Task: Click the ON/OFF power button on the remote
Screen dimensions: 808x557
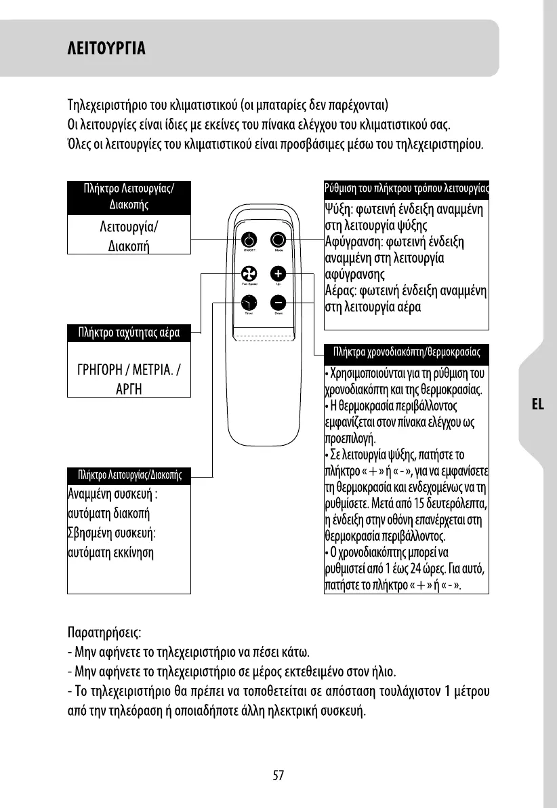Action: [249, 240]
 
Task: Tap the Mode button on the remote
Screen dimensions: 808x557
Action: [278, 240]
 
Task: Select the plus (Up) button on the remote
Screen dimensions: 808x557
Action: [278, 273]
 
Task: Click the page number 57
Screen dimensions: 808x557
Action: [278, 775]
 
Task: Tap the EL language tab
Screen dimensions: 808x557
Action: [538, 404]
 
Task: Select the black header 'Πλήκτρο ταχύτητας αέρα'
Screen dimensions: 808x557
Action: [129, 332]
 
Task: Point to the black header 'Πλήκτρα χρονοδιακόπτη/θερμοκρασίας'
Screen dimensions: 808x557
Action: [407, 352]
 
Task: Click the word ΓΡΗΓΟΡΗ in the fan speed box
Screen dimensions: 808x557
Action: [102, 372]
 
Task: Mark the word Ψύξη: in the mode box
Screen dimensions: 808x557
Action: [340, 209]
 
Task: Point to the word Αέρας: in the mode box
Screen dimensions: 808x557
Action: [343, 291]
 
